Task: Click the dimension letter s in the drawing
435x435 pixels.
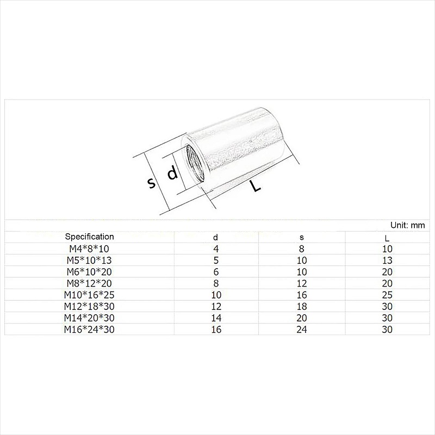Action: (152, 183)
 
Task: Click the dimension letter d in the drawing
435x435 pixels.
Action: (172, 174)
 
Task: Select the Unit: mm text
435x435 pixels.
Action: (407, 225)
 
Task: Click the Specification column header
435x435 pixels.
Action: (89, 237)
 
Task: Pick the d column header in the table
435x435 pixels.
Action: (215, 238)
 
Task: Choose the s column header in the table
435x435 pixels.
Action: (302, 238)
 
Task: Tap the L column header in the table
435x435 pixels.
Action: (387, 238)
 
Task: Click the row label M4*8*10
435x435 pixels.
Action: (89, 248)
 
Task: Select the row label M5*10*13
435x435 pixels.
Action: (89, 260)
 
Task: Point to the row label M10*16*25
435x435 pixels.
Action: (89, 294)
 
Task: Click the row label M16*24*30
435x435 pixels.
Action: (89, 328)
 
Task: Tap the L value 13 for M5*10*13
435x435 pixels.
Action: (387, 260)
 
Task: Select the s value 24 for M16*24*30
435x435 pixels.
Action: (302, 328)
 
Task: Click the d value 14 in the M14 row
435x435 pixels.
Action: (215, 317)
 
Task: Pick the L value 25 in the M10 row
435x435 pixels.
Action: (387, 294)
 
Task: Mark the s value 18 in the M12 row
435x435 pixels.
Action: (302, 306)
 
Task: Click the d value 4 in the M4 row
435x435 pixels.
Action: (215, 248)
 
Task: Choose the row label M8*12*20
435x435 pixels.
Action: (89, 283)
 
